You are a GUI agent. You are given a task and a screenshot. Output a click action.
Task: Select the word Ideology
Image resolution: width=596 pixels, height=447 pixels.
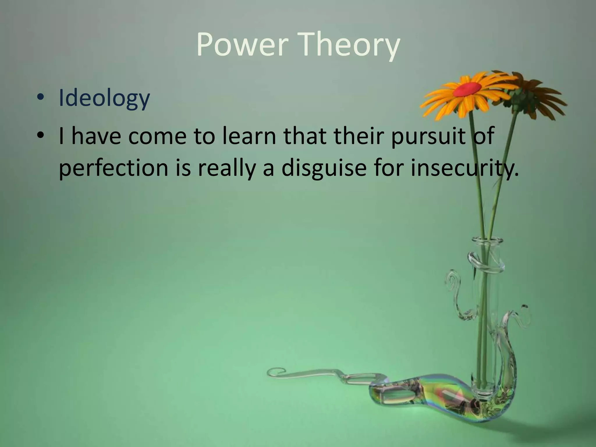coord(104,98)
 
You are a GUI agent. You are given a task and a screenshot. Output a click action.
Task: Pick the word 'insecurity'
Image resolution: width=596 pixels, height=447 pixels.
coord(463,169)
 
